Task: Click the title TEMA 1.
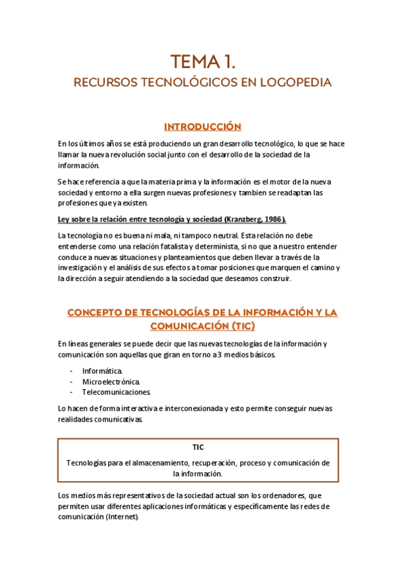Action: click(202, 62)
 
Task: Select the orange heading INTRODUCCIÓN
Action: click(202, 127)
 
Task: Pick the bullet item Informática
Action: click(102, 371)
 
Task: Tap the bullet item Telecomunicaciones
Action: click(116, 392)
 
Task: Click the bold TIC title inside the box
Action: click(198, 447)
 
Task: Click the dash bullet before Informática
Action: click(72, 371)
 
